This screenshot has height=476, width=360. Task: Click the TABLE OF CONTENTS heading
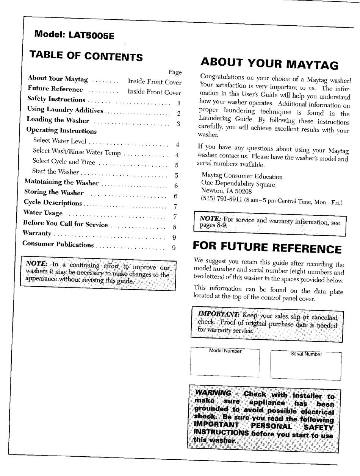point(86,56)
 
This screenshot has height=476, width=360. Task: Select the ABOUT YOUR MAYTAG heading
point(269,63)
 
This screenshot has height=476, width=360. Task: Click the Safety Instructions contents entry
point(56,99)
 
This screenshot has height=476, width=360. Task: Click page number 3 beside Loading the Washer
point(178,123)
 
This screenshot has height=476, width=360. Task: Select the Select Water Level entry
point(59,141)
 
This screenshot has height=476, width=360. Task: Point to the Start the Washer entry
point(55,172)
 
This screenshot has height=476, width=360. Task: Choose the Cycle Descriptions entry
point(53,203)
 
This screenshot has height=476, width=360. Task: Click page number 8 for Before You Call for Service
point(174,227)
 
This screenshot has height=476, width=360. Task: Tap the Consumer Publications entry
point(58,244)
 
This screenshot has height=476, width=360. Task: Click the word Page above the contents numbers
point(175,72)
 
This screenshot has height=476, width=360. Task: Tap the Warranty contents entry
point(37,233)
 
